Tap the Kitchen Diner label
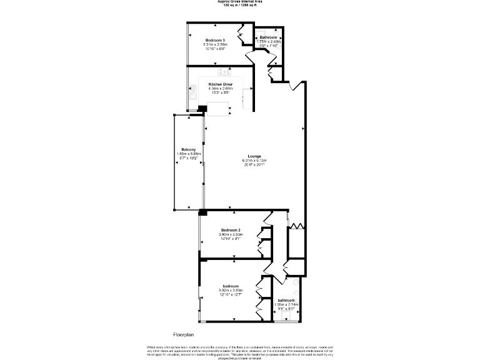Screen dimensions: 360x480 (x=221, y=84)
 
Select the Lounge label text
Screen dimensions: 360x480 (x=254, y=156)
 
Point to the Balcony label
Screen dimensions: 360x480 (x=189, y=149)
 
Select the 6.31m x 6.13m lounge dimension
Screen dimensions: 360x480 (x=254, y=160)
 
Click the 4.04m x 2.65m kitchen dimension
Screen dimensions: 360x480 (x=221, y=88)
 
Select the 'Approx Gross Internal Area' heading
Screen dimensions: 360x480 (x=241, y=2)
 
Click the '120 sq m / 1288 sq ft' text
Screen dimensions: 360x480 (x=241, y=6)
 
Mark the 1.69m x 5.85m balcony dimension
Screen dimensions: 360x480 (x=189, y=154)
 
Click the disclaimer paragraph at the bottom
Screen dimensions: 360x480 (x=240, y=351)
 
